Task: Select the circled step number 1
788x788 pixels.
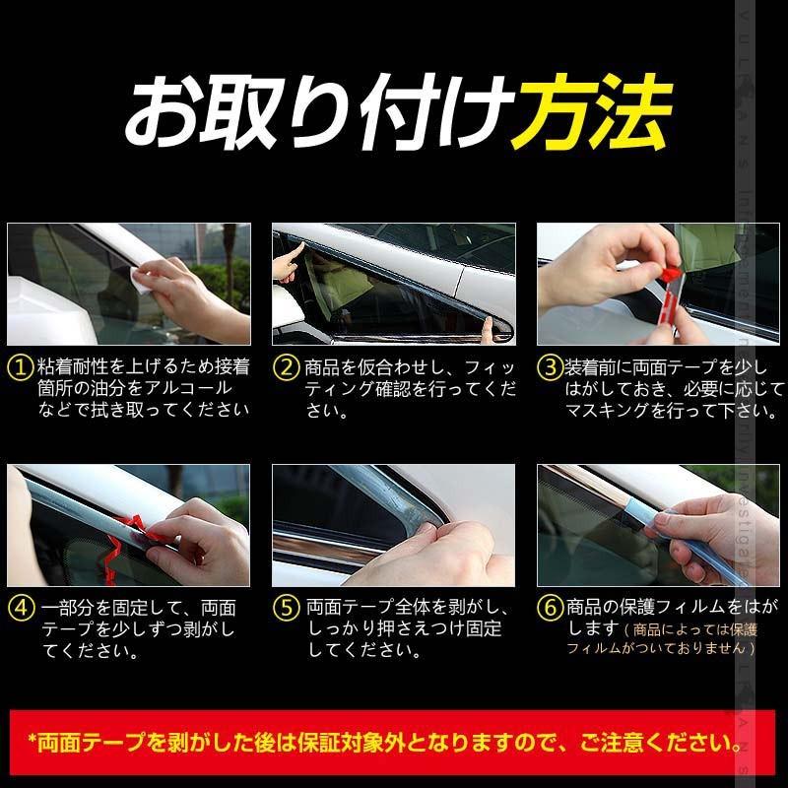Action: pyautogui.click(x=20, y=368)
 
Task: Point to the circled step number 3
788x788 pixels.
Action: pyautogui.click(x=549, y=368)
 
